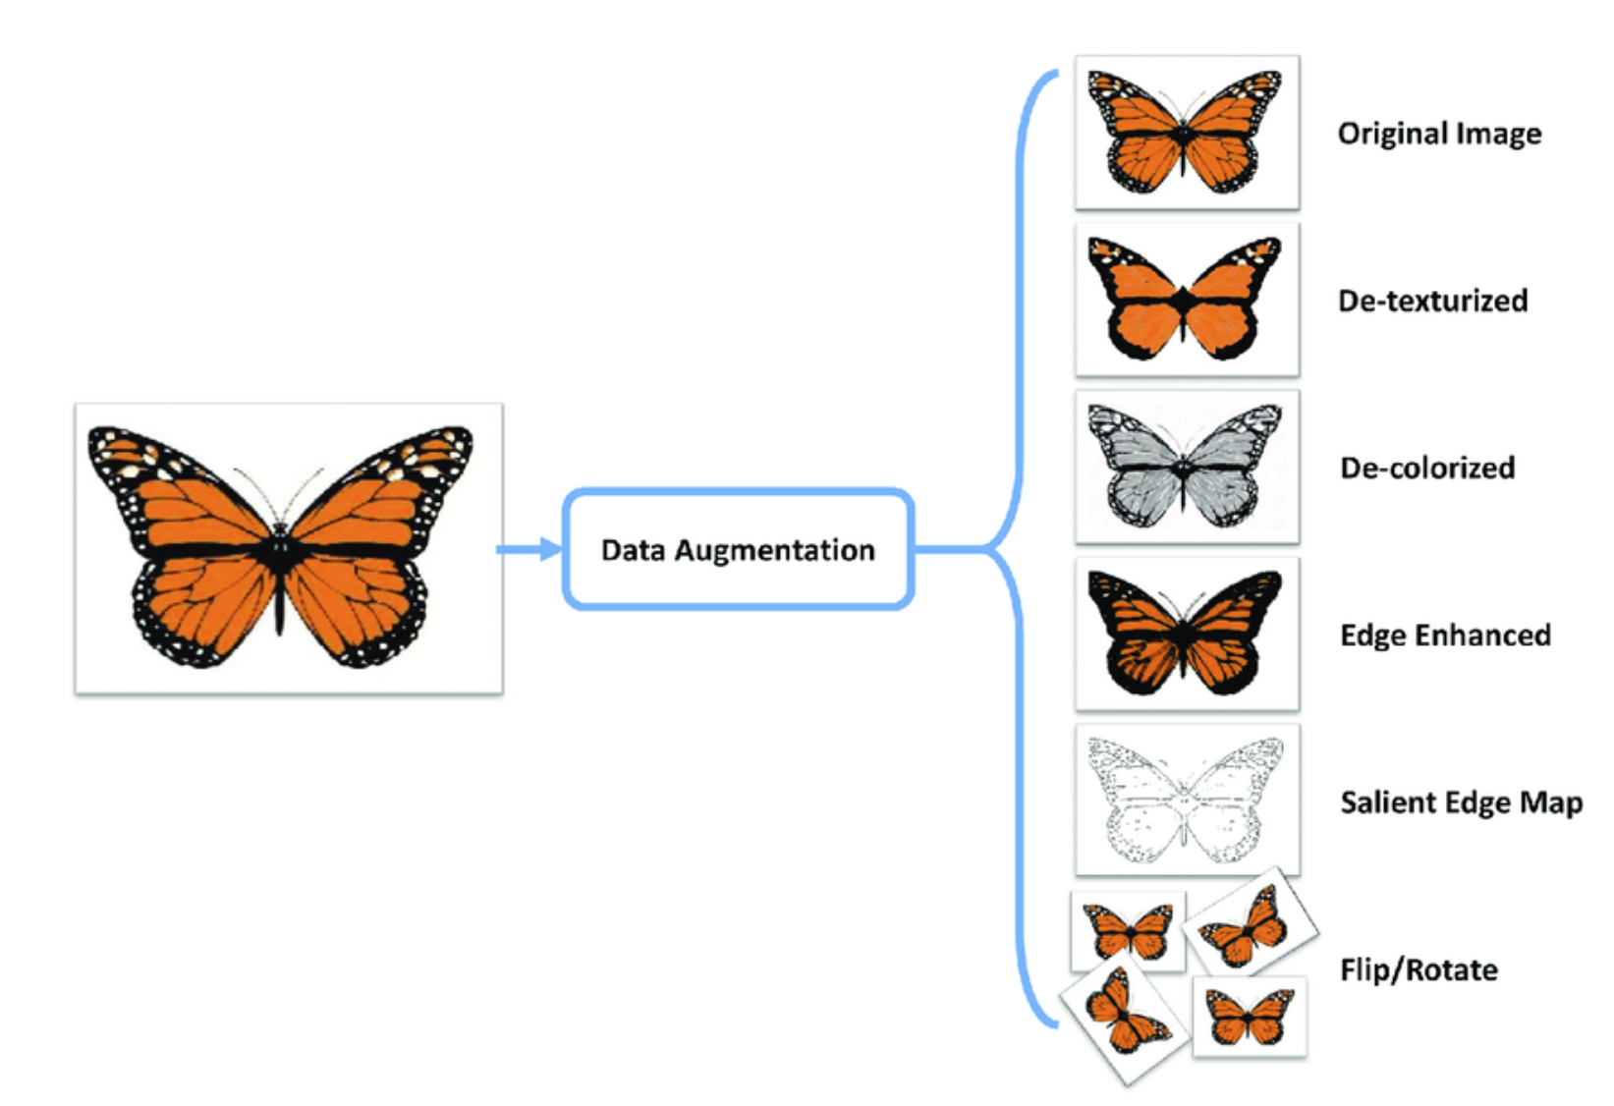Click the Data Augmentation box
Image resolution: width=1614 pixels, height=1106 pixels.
(x=739, y=550)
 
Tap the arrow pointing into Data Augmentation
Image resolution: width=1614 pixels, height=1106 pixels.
(x=529, y=550)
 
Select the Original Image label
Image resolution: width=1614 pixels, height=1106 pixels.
(x=1439, y=134)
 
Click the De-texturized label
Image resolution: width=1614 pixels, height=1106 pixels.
(x=1432, y=301)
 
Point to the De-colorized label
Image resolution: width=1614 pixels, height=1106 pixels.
(x=1427, y=468)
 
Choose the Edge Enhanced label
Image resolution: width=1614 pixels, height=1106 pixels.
(x=1445, y=636)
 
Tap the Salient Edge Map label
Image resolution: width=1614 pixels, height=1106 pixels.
(x=1462, y=802)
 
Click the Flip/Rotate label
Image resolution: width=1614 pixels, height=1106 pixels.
(x=1419, y=969)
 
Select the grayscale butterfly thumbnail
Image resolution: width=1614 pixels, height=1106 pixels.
(x=1188, y=467)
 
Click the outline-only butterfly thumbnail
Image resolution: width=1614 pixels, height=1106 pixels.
(x=1188, y=800)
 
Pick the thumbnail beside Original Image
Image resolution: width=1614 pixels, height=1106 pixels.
(x=1188, y=133)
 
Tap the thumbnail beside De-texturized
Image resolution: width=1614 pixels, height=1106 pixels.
(x=1188, y=300)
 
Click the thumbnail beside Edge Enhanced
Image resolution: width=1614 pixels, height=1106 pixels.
(x=1188, y=635)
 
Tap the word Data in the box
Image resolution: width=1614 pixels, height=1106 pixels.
(x=633, y=550)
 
